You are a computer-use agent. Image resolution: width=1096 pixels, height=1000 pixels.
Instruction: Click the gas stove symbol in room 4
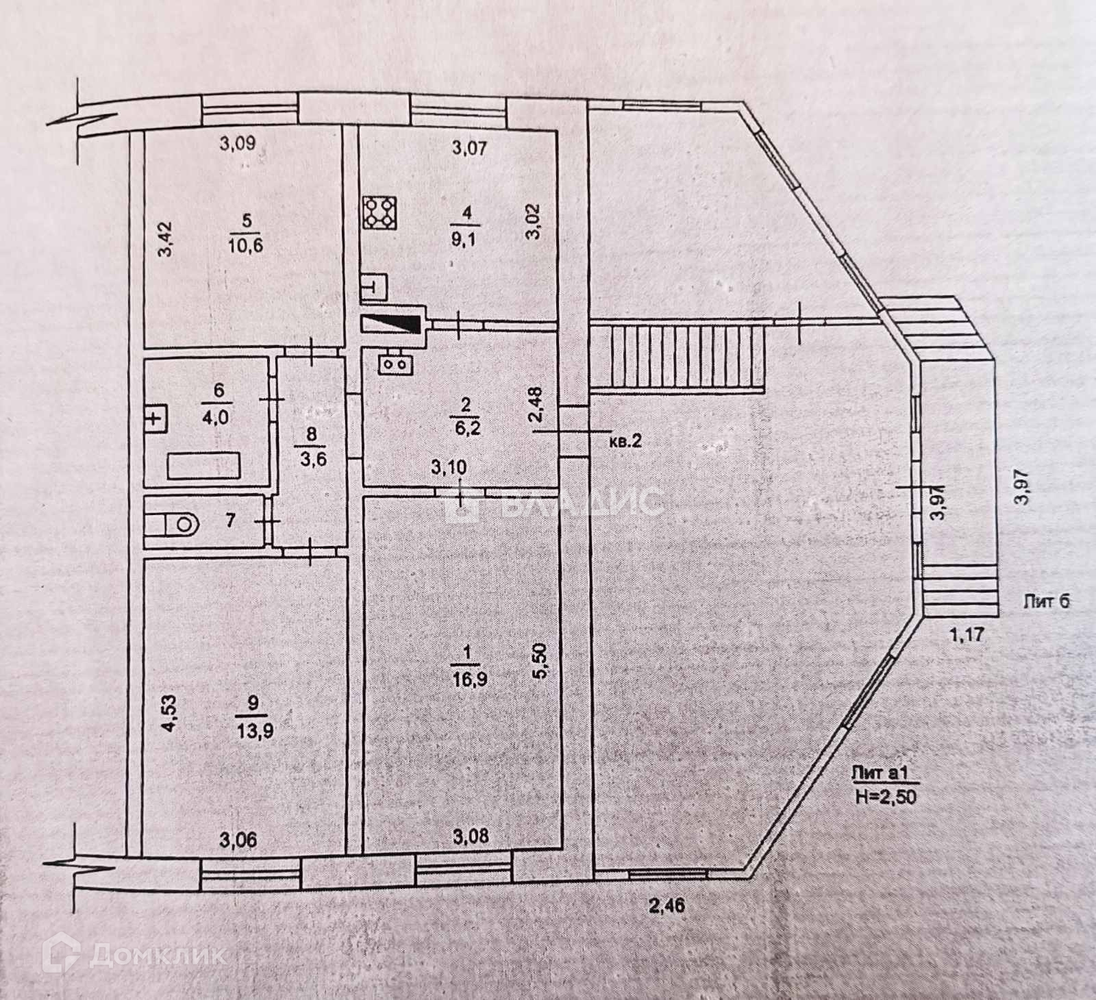380,212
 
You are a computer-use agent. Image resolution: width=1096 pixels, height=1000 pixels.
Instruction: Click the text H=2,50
886,796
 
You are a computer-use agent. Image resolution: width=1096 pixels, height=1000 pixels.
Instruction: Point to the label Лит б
1045,602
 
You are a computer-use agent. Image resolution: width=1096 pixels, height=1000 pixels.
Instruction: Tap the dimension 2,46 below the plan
667,905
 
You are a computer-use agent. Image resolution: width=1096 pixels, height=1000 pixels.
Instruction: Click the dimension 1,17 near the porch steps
966,634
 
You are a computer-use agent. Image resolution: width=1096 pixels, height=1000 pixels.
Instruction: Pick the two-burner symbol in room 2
396,363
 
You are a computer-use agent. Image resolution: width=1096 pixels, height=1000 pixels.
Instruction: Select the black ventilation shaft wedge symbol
390,324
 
